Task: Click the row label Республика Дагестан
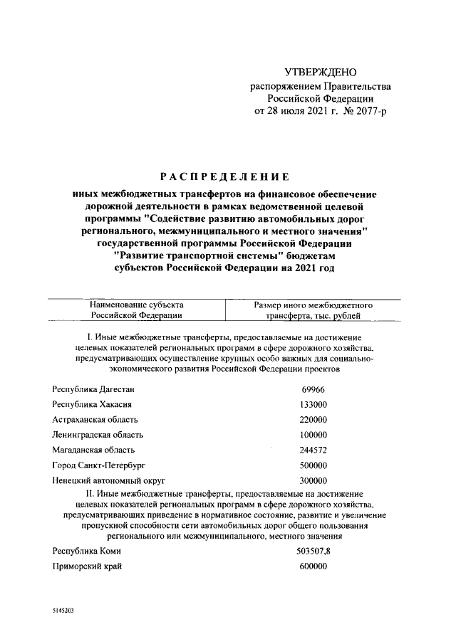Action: (93, 389)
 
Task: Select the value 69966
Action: (313, 389)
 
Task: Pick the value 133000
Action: (313, 404)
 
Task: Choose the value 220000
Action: (313, 420)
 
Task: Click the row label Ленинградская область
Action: (98, 435)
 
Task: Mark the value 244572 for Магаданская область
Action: (313, 450)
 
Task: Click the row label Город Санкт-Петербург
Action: (98, 465)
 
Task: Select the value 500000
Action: (313, 465)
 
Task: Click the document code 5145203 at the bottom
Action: (63, 611)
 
